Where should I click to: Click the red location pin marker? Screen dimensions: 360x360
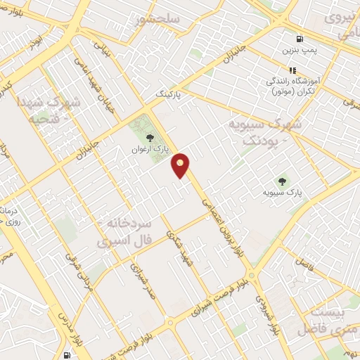(x=181, y=165)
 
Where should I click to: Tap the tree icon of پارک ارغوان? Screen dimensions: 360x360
(x=148, y=137)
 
